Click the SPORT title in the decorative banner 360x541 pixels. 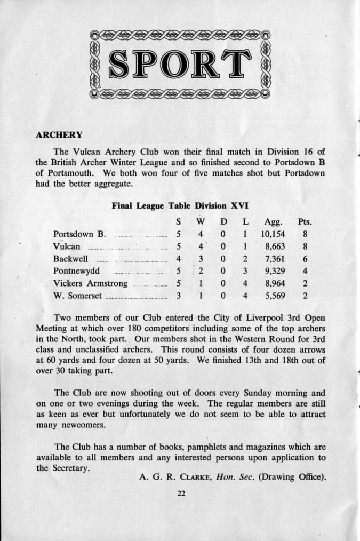[180, 64]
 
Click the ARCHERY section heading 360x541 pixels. [59, 135]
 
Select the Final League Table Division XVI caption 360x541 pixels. [179, 205]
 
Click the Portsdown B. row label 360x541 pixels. [79, 234]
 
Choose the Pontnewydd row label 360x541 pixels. [77, 271]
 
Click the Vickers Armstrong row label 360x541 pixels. [90, 283]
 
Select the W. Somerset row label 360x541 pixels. [77, 296]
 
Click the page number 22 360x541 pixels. [181, 493]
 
